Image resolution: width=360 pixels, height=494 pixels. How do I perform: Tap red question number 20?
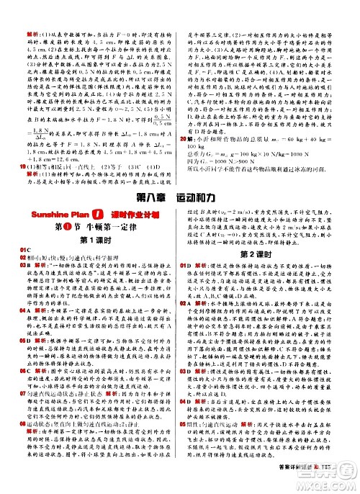pyautogui.click(x=192, y=139)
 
